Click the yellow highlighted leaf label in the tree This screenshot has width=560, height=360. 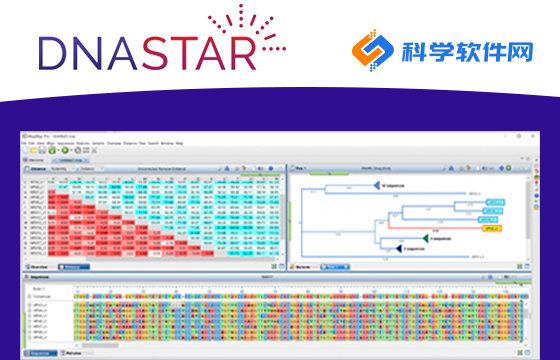493,228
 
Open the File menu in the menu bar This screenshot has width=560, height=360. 32,143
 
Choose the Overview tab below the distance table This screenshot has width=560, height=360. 40,267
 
